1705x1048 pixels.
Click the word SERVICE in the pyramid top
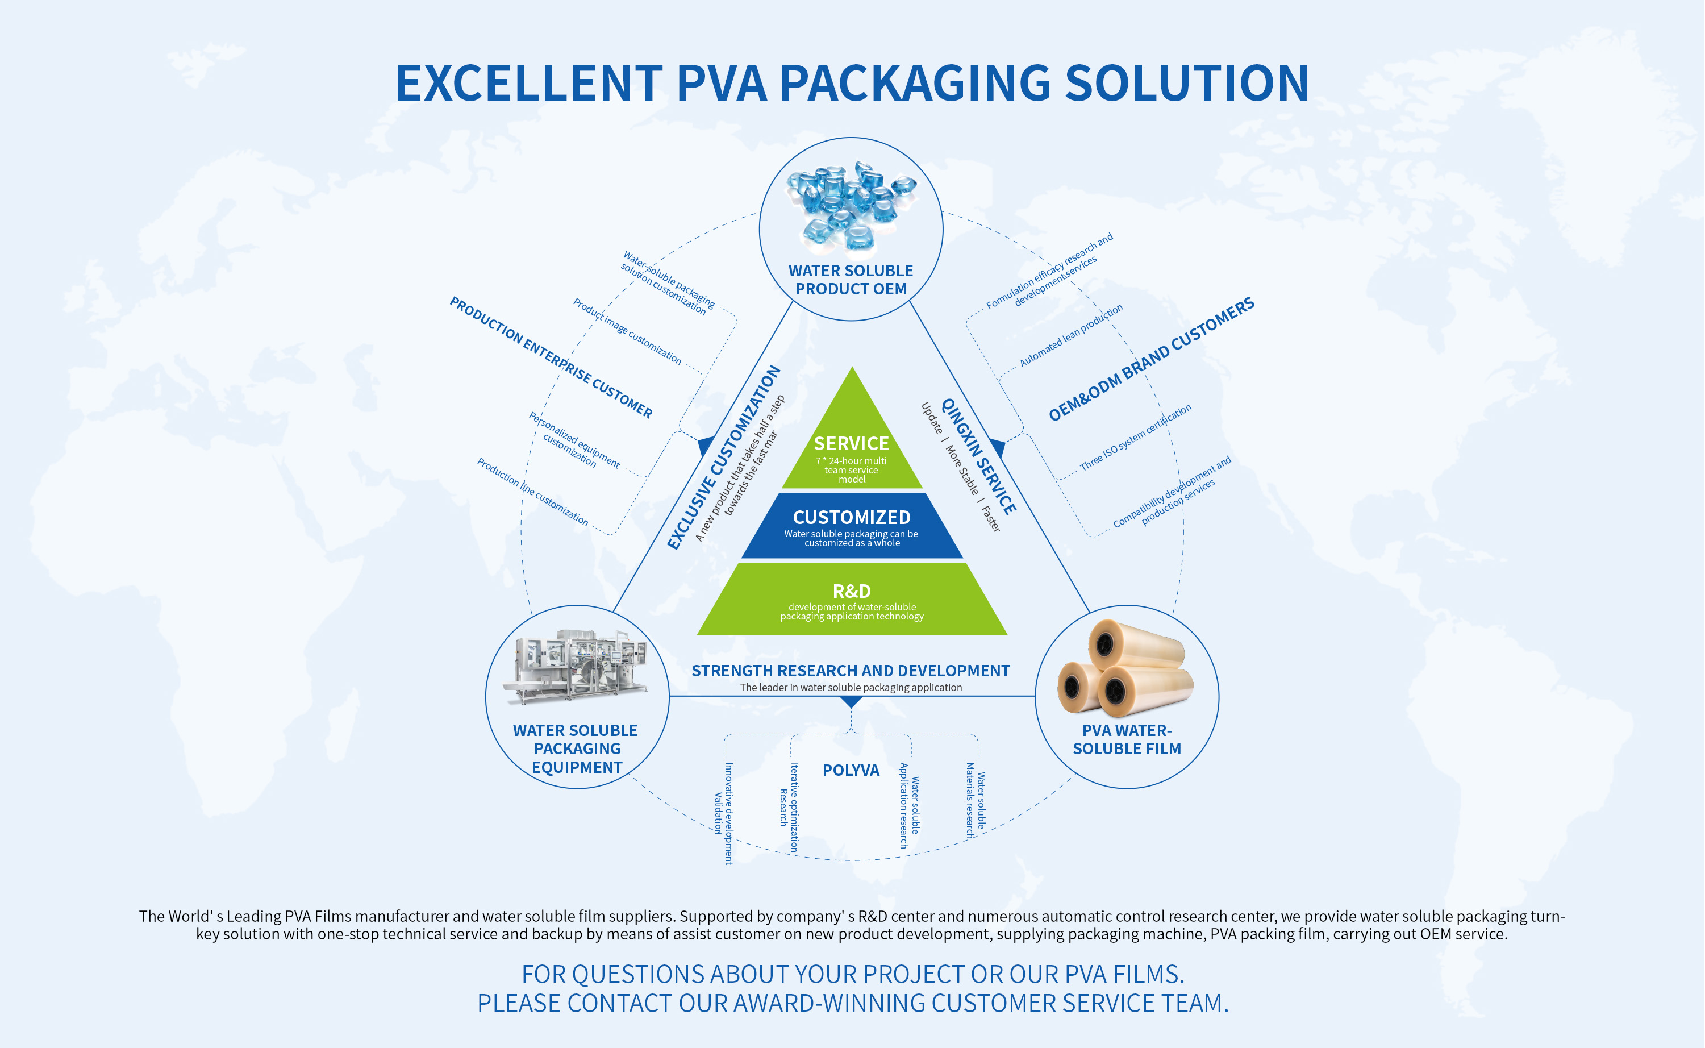click(x=852, y=444)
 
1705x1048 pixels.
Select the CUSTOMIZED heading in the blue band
click(x=852, y=517)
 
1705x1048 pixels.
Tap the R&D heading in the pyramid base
click(x=852, y=591)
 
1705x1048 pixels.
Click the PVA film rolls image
click(x=1126, y=668)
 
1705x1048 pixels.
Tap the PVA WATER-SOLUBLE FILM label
click(x=1127, y=739)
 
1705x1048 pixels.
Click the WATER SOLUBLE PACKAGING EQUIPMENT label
click(x=577, y=748)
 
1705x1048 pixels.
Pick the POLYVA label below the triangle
click(x=851, y=770)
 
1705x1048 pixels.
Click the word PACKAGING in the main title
click(x=915, y=83)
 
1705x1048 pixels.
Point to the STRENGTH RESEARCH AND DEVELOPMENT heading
click(x=851, y=671)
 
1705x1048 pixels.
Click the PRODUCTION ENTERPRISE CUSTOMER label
click(x=551, y=357)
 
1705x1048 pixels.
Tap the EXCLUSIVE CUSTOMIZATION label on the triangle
click(x=723, y=458)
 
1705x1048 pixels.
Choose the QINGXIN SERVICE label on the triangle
click(x=978, y=456)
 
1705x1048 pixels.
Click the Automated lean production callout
click(x=1071, y=336)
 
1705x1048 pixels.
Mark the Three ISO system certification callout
click(x=1136, y=438)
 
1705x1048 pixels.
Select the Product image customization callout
click(x=627, y=331)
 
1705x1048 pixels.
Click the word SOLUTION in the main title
click(x=1186, y=83)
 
